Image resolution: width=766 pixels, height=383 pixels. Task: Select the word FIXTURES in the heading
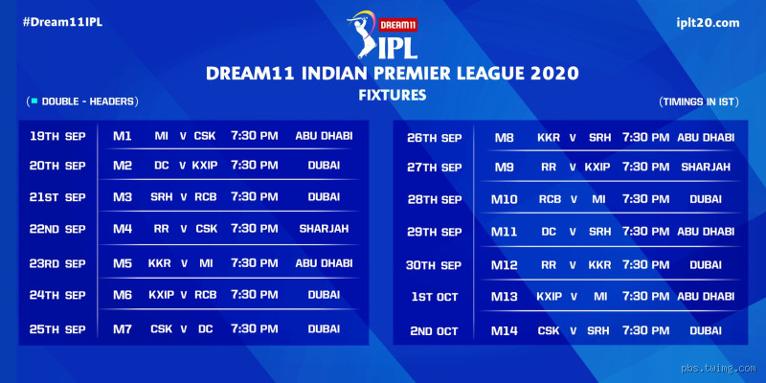[x=392, y=96]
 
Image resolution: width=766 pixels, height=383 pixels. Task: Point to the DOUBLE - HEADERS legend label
[x=83, y=101]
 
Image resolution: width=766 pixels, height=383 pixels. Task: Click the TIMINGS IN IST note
[x=698, y=101]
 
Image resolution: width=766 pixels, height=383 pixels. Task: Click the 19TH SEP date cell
[x=57, y=136]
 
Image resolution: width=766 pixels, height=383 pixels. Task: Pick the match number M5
[x=122, y=263]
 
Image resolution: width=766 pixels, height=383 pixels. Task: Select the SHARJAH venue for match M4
[x=324, y=229]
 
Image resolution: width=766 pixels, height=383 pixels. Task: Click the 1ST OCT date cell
[x=435, y=297]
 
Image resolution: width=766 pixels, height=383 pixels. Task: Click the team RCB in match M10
[x=550, y=200]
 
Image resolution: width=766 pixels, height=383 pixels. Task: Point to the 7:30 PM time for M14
[x=645, y=331]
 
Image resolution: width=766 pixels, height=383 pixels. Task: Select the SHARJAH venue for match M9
[x=706, y=167]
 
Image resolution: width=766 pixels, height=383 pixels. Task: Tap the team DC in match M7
[x=205, y=329]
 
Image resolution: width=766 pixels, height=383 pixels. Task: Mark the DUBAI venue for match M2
[x=324, y=166]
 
